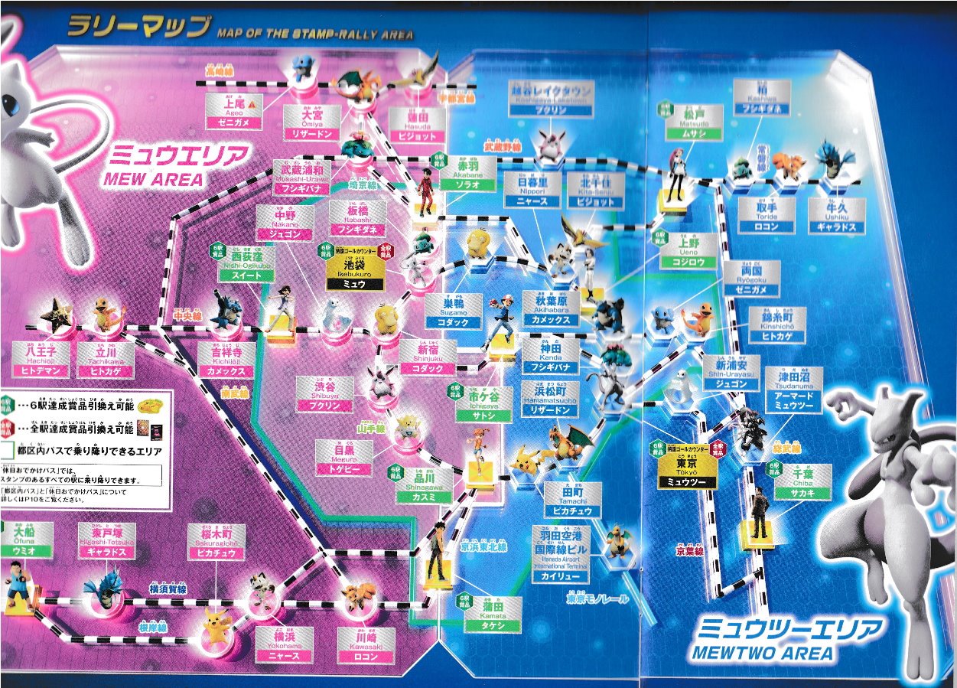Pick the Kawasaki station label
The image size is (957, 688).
click(366, 645)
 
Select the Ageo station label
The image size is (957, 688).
click(233, 112)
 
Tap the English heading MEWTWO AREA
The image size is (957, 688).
click(761, 653)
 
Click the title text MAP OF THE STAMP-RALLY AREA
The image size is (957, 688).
click(315, 34)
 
